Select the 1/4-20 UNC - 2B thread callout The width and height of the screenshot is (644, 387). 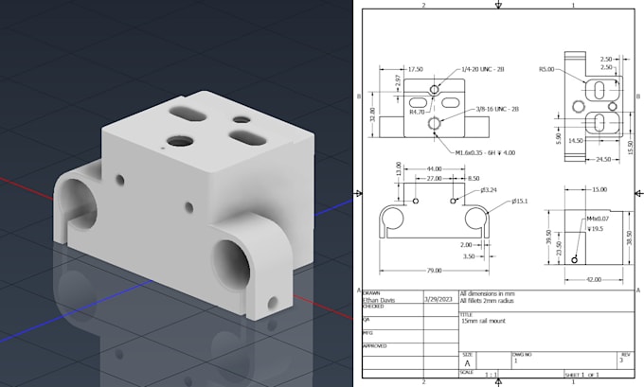pos(485,69)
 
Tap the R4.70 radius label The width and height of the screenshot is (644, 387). pos(417,112)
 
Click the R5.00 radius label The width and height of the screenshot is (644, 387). pos(546,69)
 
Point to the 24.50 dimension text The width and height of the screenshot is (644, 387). pos(595,160)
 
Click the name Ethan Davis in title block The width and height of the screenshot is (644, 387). pos(383,300)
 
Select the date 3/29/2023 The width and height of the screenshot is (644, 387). pos(438,300)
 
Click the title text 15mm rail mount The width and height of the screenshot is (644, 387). pos(483,323)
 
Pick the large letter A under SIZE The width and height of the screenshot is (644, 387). pos(466,361)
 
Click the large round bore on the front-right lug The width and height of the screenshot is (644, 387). pos(231,258)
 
